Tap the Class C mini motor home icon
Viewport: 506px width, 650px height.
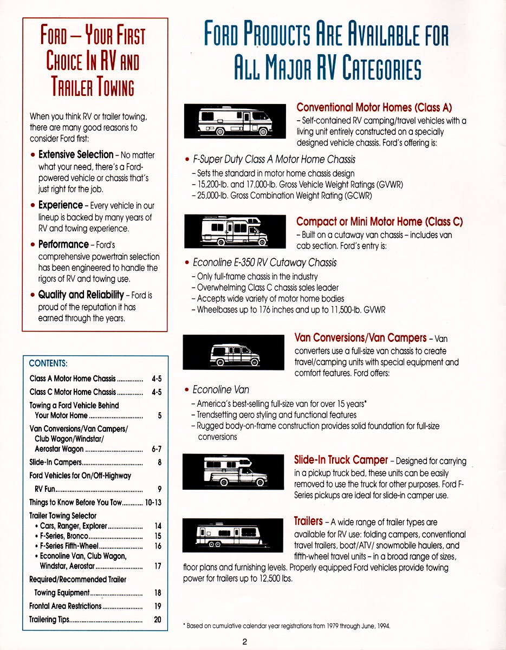pyautogui.click(x=234, y=230)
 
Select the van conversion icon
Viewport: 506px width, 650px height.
pyautogui.click(x=233, y=352)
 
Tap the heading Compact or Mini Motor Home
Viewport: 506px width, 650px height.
pyautogui.click(x=379, y=222)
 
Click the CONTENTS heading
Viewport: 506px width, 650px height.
pyautogui.click(x=48, y=363)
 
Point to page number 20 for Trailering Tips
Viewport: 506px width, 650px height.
pyautogui.click(x=158, y=620)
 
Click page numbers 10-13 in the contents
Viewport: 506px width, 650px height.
pyautogui.click(x=153, y=502)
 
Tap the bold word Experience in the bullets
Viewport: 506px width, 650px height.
pyautogui.click(x=60, y=205)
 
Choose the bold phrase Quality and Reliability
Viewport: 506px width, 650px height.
pyautogui.click(x=81, y=295)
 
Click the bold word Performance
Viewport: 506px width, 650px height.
pyautogui.click(x=63, y=244)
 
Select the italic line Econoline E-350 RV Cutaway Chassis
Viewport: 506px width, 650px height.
pyautogui.click(x=264, y=263)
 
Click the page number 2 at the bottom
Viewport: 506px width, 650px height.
pyautogui.click(x=245, y=642)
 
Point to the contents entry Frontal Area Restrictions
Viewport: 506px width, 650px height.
pyautogui.click(x=65, y=606)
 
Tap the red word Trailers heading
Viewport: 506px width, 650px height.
pyautogui.click(x=308, y=521)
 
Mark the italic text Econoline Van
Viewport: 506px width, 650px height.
pyautogui.click(x=221, y=390)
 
